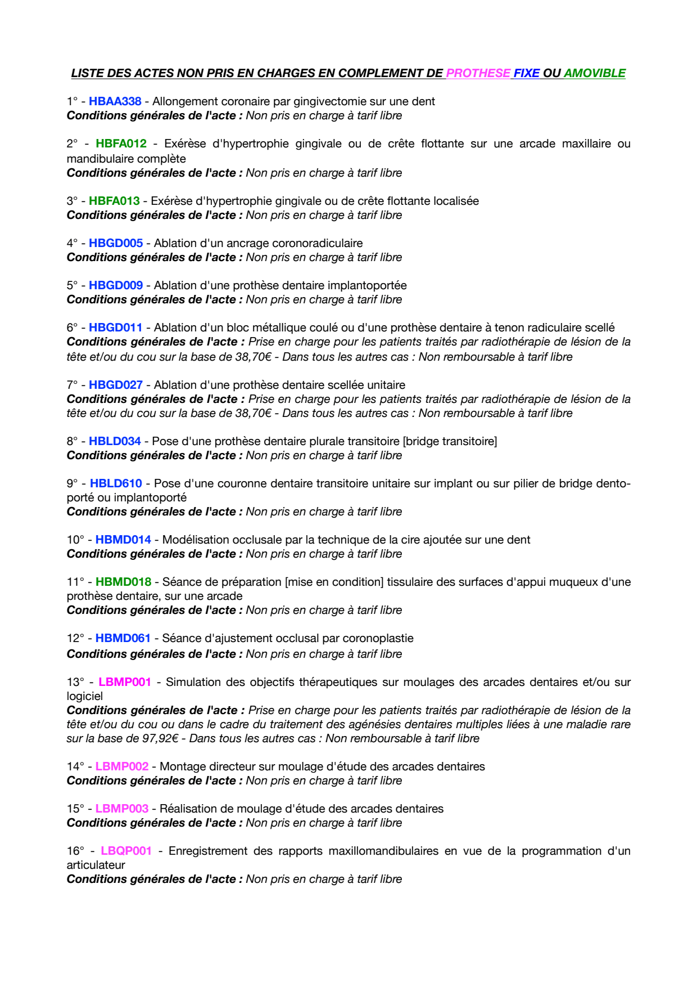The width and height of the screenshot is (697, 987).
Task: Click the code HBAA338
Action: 115,101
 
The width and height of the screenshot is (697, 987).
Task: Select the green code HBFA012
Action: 121,143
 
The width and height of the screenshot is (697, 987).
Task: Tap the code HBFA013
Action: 114,201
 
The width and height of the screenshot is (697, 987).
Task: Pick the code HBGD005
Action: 116,243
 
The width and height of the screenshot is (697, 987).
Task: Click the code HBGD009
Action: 116,285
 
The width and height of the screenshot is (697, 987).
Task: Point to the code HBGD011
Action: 116,327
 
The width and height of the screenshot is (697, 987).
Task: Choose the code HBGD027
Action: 116,385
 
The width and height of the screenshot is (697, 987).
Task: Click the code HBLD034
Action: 115,441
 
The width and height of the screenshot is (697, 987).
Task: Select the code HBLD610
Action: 116,483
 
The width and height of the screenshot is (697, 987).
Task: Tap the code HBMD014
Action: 123,540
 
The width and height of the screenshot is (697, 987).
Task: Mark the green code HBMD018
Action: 123,582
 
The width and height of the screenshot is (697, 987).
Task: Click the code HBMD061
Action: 123,638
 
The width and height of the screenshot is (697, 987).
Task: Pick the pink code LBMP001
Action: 125,682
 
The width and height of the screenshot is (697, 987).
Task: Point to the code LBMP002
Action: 122,766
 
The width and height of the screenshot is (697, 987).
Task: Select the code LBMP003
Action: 122,809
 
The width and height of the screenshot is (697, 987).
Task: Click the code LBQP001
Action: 126,851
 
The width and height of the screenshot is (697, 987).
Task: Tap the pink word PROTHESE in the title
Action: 478,73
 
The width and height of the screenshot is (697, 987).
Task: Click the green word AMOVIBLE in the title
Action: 595,73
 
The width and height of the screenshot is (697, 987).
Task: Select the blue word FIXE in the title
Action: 527,73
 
